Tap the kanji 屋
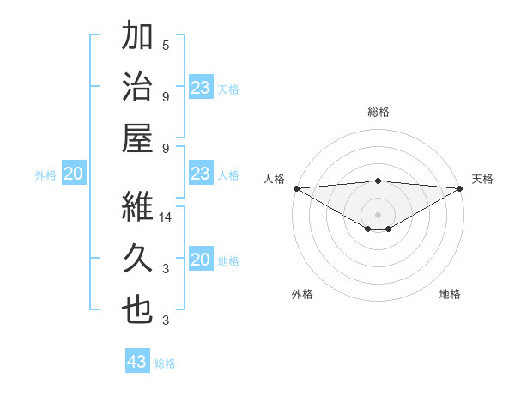[137, 138]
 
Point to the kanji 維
[137, 207]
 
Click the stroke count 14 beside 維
[167, 218]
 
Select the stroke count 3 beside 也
[166, 321]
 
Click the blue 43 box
[137, 362]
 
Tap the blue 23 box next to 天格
[201, 87]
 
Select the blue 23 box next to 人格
[201, 174]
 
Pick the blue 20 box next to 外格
[74, 174]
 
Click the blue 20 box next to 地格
[201, 260]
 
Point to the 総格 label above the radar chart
[379, 112]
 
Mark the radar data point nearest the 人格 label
[296, 188]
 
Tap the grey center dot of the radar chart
[379, 213]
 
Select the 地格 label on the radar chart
[450, 294]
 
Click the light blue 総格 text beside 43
[165, 364]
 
